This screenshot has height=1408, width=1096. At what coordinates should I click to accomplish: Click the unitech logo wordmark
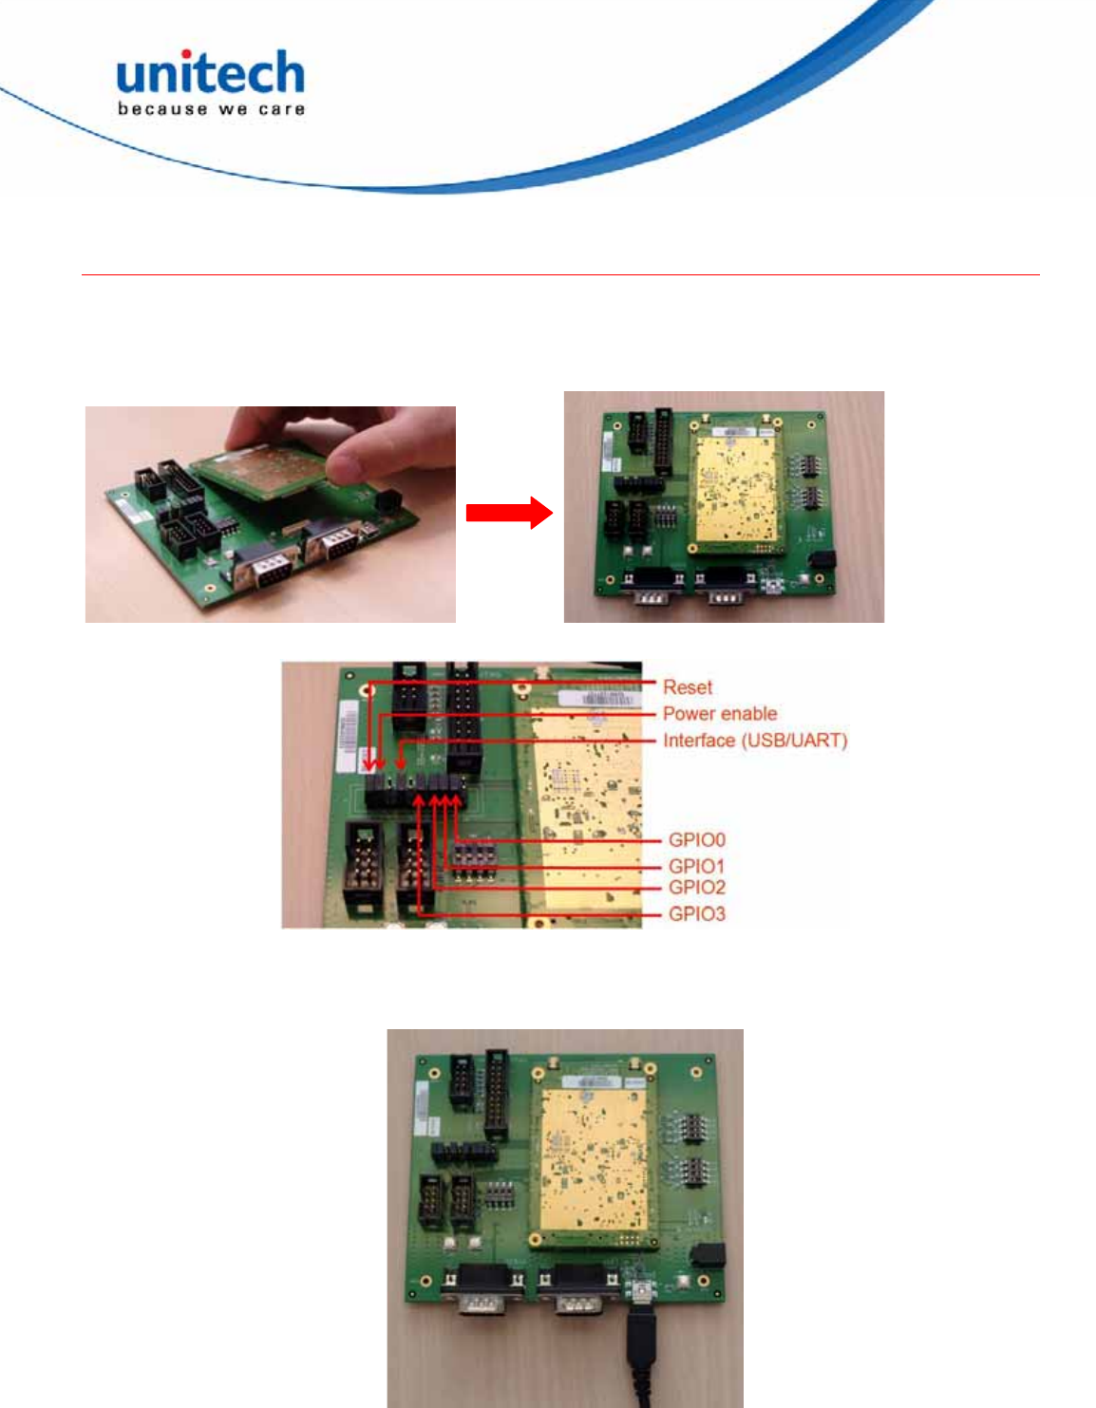pyautogui.click(x=210, y=73)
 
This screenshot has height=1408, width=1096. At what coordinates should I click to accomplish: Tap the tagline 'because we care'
pyautogui.click(x=211, y=109)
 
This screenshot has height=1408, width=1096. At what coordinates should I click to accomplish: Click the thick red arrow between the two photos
pyautogui.click(x=509, y=513)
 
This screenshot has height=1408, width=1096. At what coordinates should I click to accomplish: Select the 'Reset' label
pyautogui.click(x=687, y=686)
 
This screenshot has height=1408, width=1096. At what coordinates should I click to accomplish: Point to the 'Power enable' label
pyautogui.click(x=719, y=713)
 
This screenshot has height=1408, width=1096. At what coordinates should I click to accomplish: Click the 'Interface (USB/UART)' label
pyautogui.click(x=754, y=740)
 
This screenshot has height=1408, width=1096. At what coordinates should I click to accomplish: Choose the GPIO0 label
pyautogui.click(x=696, y=839)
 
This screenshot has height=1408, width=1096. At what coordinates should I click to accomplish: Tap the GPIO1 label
pyautogui.click(x=696, y=865)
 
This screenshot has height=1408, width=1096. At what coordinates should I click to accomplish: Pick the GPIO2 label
pyautogui.click(x=696, y=888)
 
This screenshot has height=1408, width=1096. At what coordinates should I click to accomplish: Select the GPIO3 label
pyautogui.click(x=696, y=913)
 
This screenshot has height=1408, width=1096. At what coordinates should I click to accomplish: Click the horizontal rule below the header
pyautogui.click(x=560, y=275)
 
